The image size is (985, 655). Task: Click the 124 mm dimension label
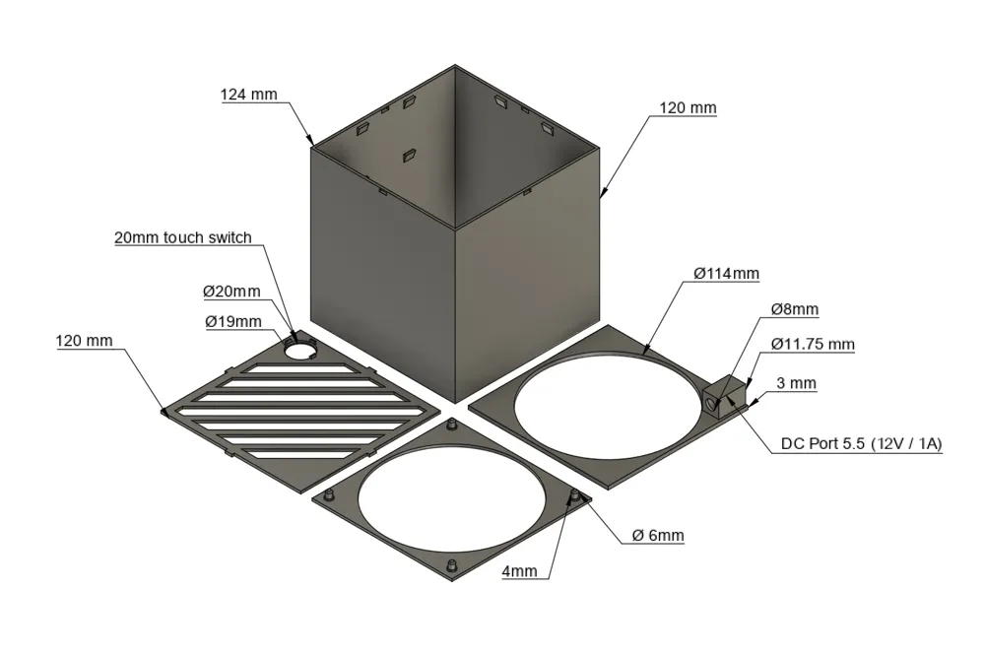pyautogui.click(x=248, y=95)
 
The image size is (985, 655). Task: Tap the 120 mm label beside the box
pyautogui.click(x=688, y=108)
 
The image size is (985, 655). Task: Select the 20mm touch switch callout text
pyautogui.click(x=183, y=237)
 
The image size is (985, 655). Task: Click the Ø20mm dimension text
pyautogui.click(x=231, y=292)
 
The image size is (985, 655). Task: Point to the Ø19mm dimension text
pyautogui.click(x=233, y=321)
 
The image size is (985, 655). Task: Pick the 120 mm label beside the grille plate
pyautogui.click(x=84, y=341)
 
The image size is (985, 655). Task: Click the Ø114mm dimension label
pyautogui.click(x=726, y=274)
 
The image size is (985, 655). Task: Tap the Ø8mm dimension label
pyautogui.click(x=795, y=309)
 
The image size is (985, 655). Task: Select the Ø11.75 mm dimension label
pyautogui.click(x=813, y=344)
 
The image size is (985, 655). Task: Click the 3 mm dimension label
pyautogui.click(x=796, y=383)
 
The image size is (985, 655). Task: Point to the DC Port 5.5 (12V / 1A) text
pyautogui.click(x=861, y=444)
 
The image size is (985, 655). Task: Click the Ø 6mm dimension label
pyautogui.click(x=658, y=536)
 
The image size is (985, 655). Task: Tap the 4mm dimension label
pyautogui.click(x=519, y=571)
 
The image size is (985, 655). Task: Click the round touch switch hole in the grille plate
pyautogui.click(x=300, y=349)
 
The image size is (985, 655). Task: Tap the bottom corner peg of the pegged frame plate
pyautogui.click(x=450, y=565)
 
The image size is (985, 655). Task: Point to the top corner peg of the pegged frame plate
pyautogui.click(x=450, y=426)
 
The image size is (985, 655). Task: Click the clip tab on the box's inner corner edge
pyautogui.click(x=410, y=155)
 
